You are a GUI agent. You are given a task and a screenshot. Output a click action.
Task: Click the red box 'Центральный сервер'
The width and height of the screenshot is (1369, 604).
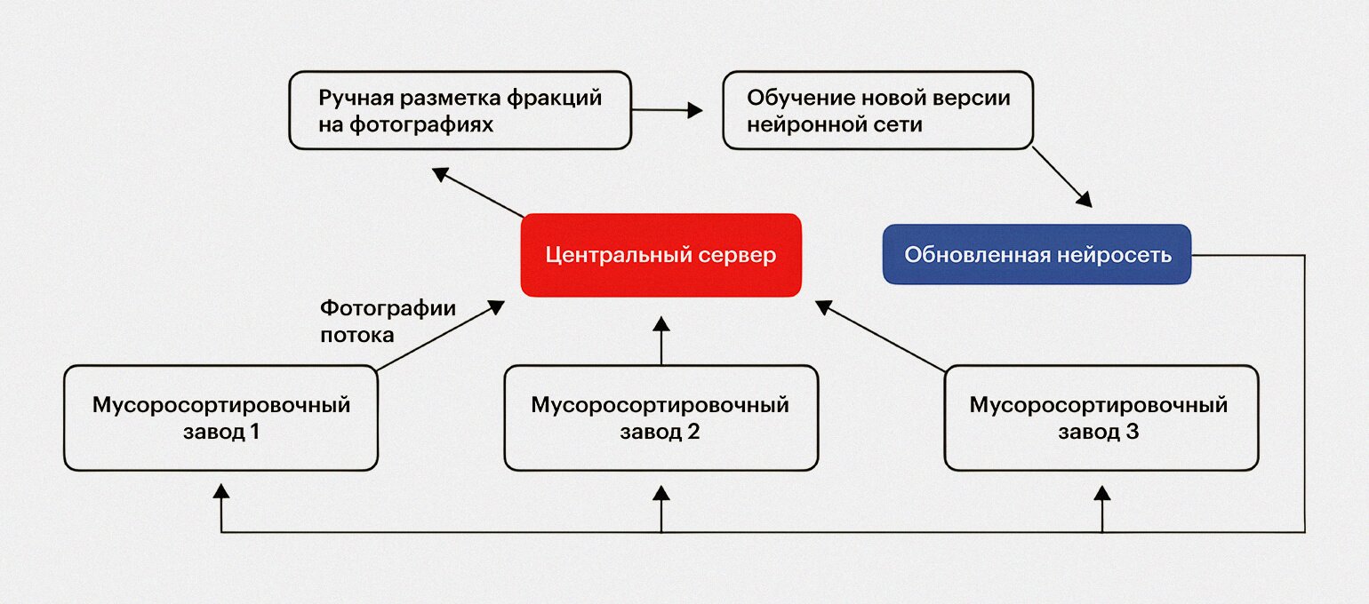[x=660, y=255]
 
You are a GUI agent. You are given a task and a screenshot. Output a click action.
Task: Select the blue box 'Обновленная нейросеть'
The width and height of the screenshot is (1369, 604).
[x=1037, y=254]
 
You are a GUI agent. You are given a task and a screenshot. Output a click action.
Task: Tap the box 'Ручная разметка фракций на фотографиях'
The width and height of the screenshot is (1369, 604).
[x=460, y=110]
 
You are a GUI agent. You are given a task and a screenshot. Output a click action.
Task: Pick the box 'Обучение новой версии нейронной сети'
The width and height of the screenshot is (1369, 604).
[x=877, y=110]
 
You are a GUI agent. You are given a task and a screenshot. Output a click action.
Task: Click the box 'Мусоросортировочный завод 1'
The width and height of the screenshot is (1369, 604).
[x=220, y=418]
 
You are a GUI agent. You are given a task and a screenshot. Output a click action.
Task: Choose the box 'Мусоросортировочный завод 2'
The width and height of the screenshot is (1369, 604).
[x=660, y=418]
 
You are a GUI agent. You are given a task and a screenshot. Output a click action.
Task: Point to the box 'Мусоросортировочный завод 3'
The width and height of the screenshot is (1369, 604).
[x=1101, y=418]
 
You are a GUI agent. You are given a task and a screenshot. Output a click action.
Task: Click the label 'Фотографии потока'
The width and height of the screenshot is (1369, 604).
[x=388, y=322]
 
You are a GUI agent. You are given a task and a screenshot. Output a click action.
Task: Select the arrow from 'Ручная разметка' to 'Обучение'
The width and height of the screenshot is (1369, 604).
[x=667, y=110]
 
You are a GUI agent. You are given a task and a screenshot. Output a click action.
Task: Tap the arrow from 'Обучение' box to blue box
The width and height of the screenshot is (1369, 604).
[x=1062, y=177]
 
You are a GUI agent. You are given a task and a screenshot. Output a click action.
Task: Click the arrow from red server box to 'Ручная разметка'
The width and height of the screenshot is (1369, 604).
[x=478, y=193]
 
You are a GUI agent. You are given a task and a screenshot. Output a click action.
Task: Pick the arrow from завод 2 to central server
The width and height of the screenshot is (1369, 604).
[x=661, y=340]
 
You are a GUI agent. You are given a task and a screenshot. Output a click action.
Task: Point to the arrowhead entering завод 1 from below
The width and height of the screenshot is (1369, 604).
[x=221, y=491]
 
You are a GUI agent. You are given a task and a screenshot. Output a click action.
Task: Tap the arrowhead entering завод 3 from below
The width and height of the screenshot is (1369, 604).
[x=1102, y=494]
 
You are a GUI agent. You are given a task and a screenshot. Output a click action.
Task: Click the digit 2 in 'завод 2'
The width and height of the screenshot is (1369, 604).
[x=693, y=432]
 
